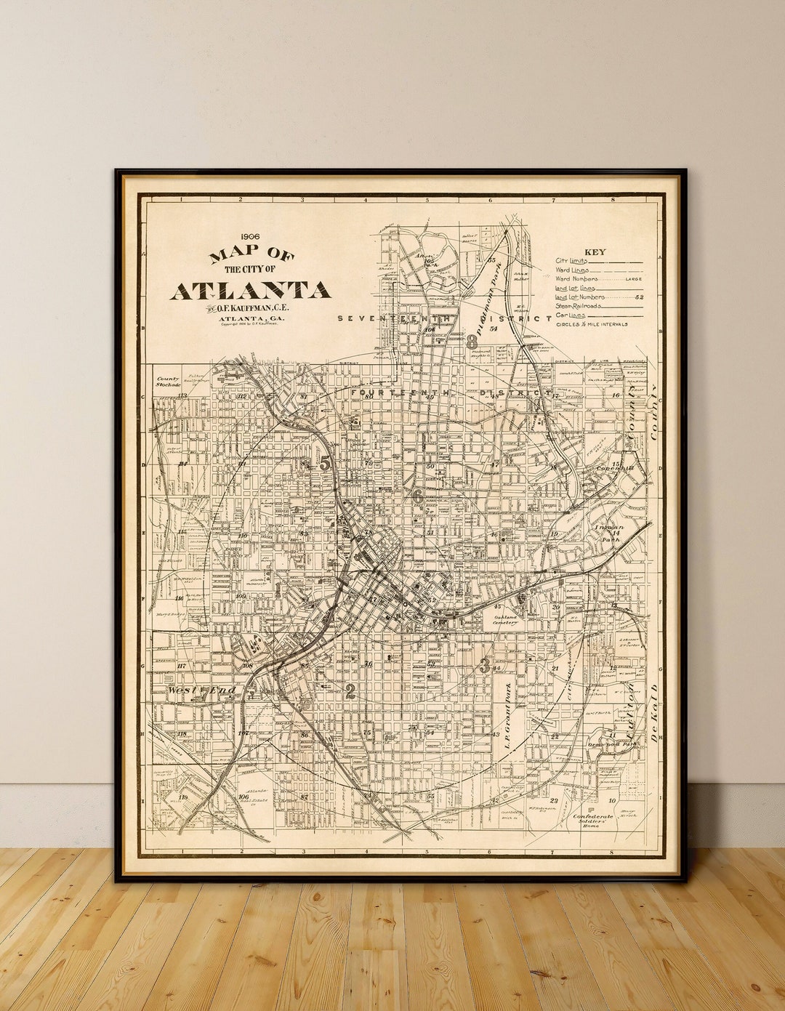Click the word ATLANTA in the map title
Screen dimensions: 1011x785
[251, 290]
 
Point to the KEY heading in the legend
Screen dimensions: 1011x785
[595, 252]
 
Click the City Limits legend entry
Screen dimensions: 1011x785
[572, 260]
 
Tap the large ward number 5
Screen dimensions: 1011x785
[324, 462]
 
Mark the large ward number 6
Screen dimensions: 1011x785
[418, 497]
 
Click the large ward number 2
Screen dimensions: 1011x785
[350, 691]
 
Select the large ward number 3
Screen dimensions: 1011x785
[484, 664]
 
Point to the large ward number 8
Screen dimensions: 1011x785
[472, 340]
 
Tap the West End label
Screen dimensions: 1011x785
[201, 690]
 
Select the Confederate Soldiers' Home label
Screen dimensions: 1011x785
[593, 820]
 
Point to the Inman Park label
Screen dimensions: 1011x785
[608, 533]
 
